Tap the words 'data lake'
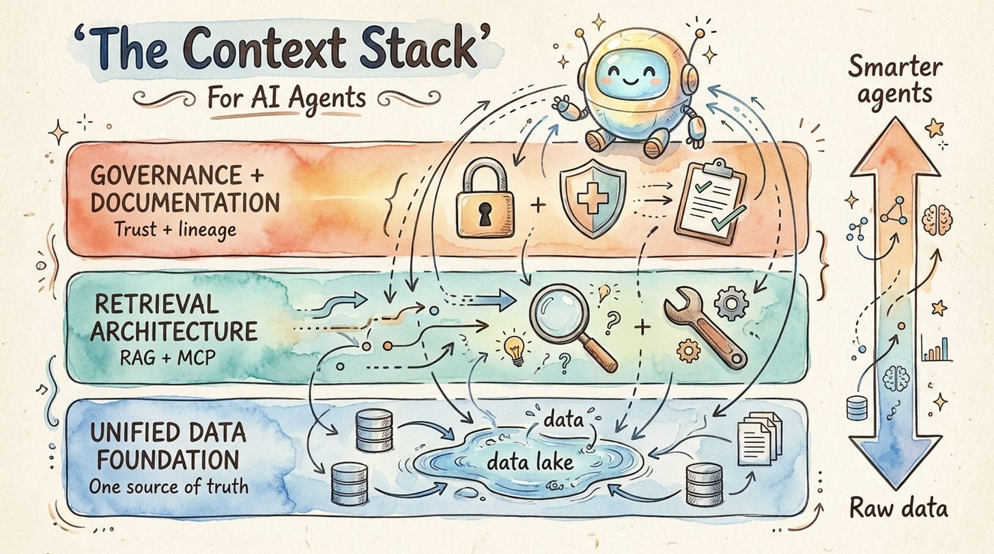[x=530, y=463]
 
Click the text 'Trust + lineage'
[x=175, y=229]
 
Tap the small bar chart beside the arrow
[x=935, y=347]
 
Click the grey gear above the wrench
[x=732, y=303]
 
